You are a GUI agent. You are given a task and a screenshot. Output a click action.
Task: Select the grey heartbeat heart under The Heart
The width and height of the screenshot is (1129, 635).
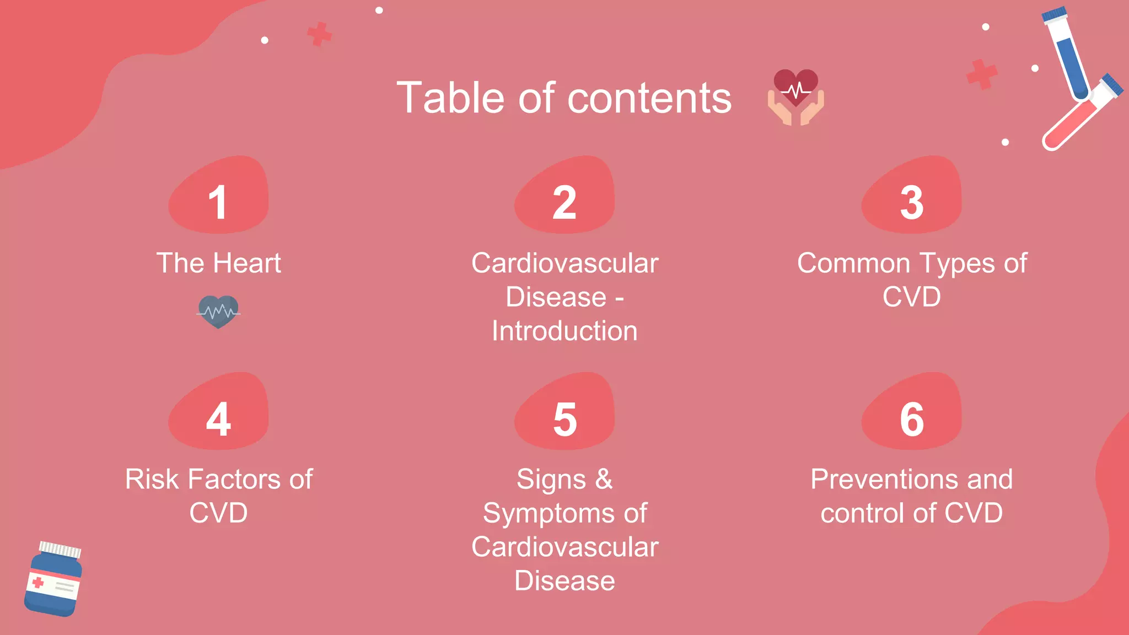tap(218, 311)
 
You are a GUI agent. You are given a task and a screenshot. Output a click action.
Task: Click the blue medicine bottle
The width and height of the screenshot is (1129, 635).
tap(53, 580)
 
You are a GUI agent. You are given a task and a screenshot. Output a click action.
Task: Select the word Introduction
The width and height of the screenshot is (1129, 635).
tap(564, 331)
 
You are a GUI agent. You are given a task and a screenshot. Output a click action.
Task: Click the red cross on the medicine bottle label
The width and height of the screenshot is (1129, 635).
tap(38, 582)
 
